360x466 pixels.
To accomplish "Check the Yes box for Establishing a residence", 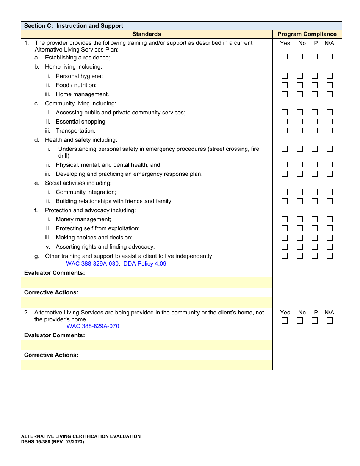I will tap(285, 57).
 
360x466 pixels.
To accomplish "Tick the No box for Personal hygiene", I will tap(300, 76).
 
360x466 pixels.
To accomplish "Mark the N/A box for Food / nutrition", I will tap(330, 85).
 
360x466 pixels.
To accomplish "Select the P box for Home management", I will tap(315, 94).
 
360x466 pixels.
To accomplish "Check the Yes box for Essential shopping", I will tap(285, 122).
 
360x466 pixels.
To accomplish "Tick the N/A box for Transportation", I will tap(330, 131).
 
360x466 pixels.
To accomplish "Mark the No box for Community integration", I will tap(300, 192).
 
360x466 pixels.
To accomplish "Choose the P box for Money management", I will tap(315, 219).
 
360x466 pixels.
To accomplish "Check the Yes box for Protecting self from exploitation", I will tap(285, 228).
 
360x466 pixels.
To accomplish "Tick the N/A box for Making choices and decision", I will tap(330, 238).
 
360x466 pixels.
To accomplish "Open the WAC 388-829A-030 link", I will tap(92, 264).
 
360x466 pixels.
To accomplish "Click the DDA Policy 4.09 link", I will tap(145, 264).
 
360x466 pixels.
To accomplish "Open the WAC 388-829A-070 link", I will tap(93, 326).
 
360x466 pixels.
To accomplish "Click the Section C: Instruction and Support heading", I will tap(74, 26).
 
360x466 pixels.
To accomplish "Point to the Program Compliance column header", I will tap(307, 34).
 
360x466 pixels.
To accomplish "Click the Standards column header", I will tap(147, 34).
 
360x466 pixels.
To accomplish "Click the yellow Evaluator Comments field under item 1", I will tap(147, 283).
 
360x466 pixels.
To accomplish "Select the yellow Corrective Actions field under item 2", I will tap(147, 365).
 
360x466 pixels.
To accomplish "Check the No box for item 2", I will tap(300, 321).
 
